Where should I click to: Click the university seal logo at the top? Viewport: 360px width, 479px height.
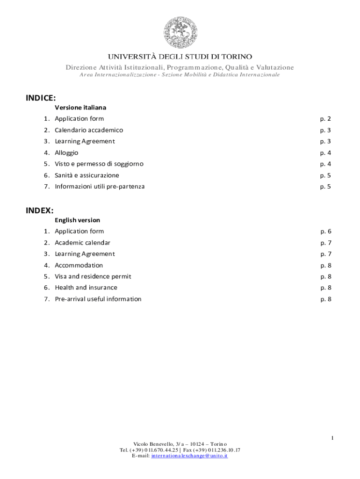(180, 32)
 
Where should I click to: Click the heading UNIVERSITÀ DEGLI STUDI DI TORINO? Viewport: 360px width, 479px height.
(180, 57)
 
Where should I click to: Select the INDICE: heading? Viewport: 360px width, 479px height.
(41, 98)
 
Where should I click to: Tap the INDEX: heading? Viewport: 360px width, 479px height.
(39, 210)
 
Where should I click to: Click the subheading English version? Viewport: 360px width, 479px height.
(77, 220)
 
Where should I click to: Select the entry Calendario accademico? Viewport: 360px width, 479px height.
(89, 130)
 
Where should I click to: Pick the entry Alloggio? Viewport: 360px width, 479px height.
(66, 152)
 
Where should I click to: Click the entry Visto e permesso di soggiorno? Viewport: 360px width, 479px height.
(99, 164)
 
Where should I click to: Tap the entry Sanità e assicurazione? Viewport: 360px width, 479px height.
(87, 175)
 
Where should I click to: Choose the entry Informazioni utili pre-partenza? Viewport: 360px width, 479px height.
(100, 187)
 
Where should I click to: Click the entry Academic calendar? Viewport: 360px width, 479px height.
(83, 243)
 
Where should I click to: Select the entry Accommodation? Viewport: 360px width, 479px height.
(79, 265)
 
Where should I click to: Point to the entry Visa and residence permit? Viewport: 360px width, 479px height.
(93, 276)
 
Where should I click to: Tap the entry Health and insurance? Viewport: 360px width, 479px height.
(86, 288)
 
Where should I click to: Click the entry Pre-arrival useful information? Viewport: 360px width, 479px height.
(98, 299)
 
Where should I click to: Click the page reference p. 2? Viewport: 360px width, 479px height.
(325, 119)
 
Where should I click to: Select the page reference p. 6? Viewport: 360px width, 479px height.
(326, 232)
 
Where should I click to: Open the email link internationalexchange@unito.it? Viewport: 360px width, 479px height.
(189, 456)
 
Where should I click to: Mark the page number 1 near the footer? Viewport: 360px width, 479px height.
(332, 438)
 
